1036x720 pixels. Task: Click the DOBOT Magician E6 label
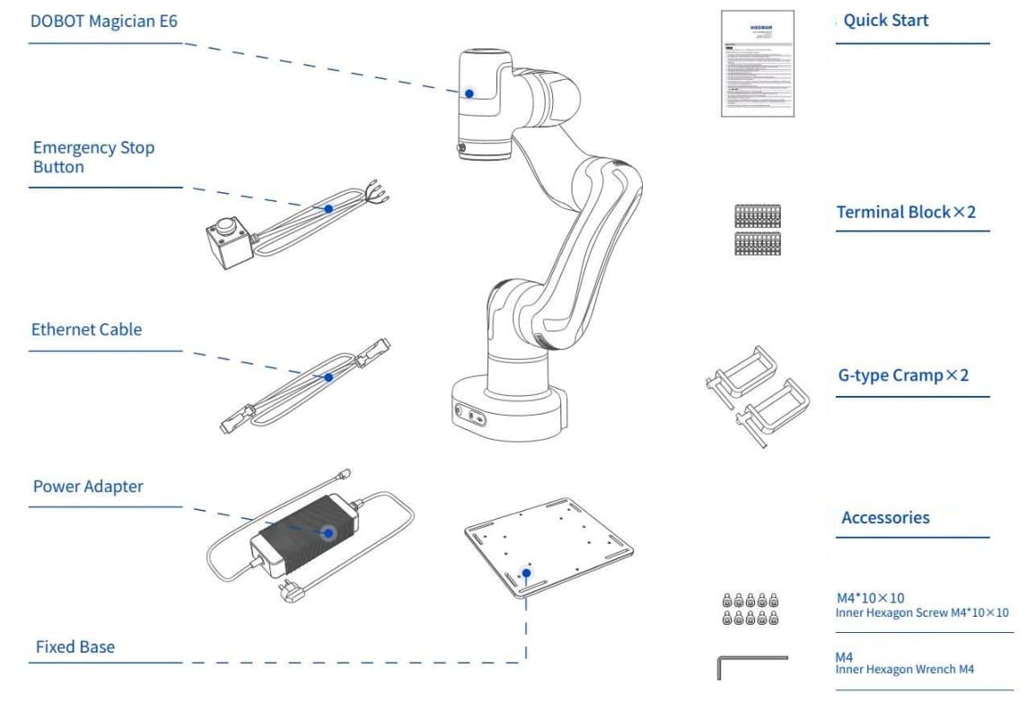[104, 21]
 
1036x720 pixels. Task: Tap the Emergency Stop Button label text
[93, 157]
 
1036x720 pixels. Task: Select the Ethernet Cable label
[86, 329]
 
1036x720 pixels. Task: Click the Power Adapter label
[88, 487]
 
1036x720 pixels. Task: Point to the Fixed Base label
[75, 646]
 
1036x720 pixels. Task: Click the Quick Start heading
[885, 21]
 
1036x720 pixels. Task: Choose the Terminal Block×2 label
[906, 213]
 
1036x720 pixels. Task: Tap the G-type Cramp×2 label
[903, 375]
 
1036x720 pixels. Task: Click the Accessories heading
[885, 518]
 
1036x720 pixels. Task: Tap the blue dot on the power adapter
[329, 533]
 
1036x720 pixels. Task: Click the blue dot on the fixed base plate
[527, 572]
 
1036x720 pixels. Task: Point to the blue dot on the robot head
[469, 93]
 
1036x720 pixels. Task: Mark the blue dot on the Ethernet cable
[329, 378]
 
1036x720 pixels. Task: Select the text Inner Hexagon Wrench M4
[904, 670]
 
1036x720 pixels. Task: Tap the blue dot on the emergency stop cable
[329, 208]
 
